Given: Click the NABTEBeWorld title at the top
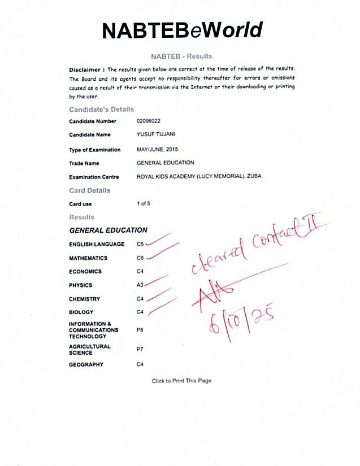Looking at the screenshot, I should tap(183, 30).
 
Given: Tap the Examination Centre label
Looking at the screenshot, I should tap(94, 177).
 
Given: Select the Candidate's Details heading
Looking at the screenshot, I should tap(101, 109).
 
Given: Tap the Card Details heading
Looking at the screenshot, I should tap(89, 190).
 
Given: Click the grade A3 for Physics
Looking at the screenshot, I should tap(140, 285).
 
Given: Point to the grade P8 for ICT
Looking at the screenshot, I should tap(140, 329).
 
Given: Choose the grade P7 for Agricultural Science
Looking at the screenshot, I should tap(140, 350).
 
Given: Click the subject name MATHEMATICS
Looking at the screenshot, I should tap(88, 258).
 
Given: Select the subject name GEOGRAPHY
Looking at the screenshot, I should tap(86, 365).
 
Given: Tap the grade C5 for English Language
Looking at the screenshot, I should tap(140, 245).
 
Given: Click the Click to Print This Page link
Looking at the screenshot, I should tap(181, 381).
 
